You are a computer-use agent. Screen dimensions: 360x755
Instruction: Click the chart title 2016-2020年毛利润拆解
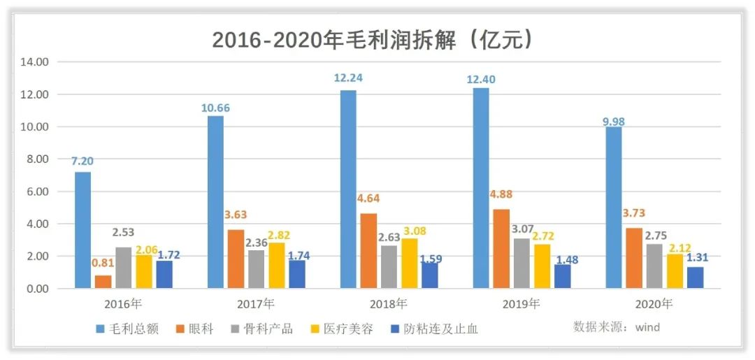(374, 39)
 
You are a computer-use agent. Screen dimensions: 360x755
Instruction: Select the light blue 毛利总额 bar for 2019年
(481, 188)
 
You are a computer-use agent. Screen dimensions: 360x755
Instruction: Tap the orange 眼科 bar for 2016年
(103, 282)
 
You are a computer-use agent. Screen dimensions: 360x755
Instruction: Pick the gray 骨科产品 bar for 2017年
(256, 269)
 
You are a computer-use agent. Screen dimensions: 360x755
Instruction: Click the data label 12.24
(348, 78)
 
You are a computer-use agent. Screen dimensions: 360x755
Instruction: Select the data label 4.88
(501, 196)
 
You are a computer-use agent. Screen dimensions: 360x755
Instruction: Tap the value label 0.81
(103, 263)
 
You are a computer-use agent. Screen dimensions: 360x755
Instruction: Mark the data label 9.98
(614, 121)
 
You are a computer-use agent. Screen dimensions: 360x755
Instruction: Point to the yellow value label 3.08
(410, 231)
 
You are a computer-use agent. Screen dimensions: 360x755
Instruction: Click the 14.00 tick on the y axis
(34, 62)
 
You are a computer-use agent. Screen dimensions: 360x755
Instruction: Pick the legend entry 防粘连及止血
(440, 329)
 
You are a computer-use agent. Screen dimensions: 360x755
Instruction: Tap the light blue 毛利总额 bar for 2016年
(82, 230)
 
